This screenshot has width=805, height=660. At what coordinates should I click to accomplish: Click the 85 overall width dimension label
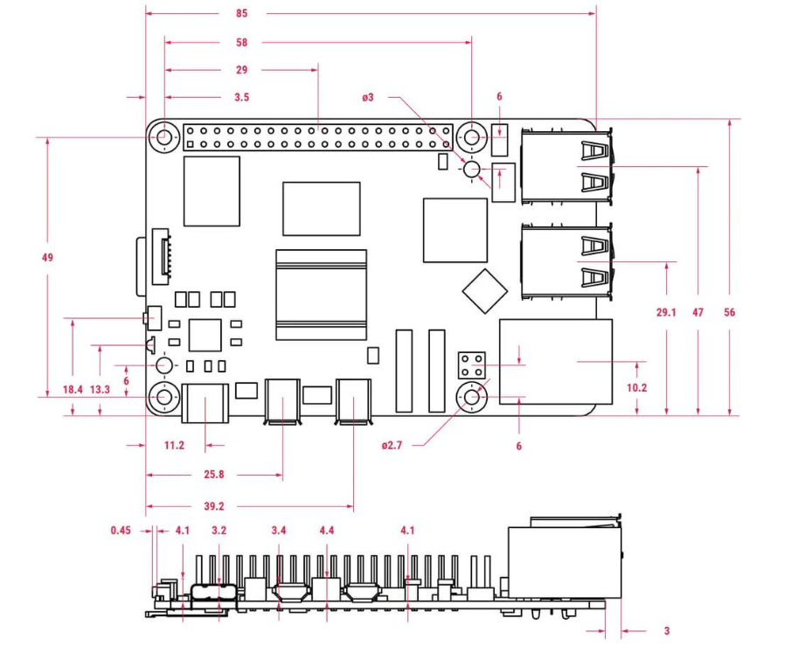(x=242, y=13)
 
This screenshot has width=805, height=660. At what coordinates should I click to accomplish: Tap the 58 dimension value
(x=242, y=43)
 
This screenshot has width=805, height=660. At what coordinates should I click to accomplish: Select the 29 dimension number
(x=242, y=70)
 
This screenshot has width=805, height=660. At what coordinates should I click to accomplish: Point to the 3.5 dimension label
(x=242, y=97)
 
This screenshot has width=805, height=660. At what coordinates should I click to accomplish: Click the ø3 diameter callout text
(x=368, y=97)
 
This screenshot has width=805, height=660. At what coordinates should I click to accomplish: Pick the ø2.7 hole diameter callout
(x=392, y=445)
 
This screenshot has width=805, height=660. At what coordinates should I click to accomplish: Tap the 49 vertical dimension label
(x=47, y=257)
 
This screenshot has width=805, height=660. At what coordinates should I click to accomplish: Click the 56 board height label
(x=730, y=312)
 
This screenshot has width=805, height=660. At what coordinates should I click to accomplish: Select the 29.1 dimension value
(x=666, y=312)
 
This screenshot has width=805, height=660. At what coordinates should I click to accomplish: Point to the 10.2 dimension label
(x=636, y=388)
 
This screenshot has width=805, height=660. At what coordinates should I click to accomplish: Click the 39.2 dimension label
(x=214, y=506)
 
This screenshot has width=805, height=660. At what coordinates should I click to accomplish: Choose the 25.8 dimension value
(x=214, y=474)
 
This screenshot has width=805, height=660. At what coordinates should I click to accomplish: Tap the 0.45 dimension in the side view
(x=121, y=530)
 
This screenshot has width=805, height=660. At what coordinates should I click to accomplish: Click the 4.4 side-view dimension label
(x=327, y=530)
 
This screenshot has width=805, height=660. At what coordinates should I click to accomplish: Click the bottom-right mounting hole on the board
(x=472, y=397)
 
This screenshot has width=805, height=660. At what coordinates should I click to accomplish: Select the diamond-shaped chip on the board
(x=484, y=291)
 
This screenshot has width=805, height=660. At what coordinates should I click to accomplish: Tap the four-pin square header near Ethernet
(x=472, y=365)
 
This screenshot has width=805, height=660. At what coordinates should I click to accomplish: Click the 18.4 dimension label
(x=73, y=389)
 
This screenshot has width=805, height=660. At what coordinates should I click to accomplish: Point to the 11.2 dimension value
(x=174, y=445)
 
